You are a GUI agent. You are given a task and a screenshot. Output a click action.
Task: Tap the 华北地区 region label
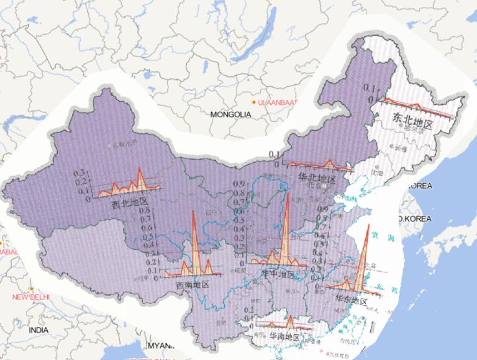(317, 178)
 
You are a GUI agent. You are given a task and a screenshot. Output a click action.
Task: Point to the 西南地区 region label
(192, 285)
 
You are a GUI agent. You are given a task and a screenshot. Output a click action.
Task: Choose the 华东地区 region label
(352, 300)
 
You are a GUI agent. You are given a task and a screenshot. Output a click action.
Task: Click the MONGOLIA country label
(230, 115)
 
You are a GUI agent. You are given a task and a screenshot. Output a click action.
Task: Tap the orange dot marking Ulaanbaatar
(254, 102)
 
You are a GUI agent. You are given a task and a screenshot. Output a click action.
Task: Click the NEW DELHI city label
(30, 297)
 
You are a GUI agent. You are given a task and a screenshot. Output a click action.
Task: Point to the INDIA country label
(38, 331)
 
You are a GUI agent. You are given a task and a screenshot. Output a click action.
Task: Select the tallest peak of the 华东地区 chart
(368, 226)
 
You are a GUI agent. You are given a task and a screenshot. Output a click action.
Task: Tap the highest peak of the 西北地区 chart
(140, 168)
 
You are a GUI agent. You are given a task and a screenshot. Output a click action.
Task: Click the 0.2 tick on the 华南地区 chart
(249, 310)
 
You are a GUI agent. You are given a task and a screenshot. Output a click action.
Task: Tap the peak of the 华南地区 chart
(289, 317)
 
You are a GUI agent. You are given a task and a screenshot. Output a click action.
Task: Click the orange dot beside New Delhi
(30, 288)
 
